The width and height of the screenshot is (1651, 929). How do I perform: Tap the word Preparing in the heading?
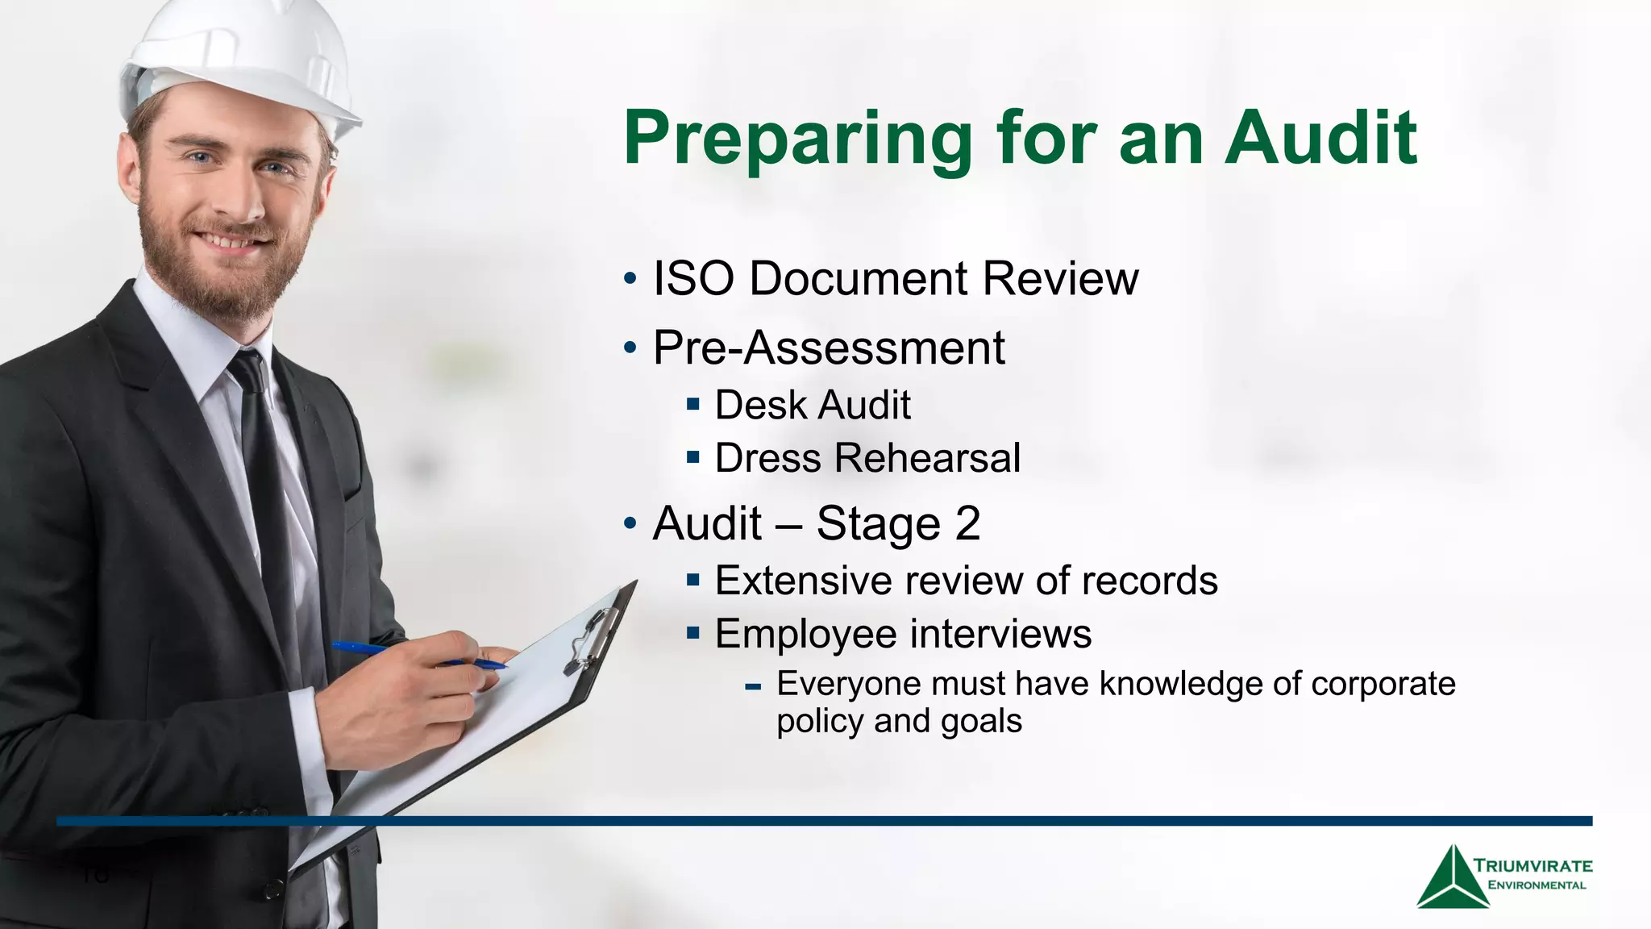798,139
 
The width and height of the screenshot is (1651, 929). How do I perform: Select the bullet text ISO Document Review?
895,279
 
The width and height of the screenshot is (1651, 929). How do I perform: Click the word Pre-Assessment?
829,348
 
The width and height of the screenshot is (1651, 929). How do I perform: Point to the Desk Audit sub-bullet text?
813,405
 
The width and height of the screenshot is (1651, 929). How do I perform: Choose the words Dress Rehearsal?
867,458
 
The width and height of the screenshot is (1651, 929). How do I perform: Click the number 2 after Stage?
967,523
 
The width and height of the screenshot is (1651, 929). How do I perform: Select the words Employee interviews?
903,634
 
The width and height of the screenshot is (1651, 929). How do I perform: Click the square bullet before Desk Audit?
693,403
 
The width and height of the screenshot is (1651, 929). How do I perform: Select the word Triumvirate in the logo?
1532,866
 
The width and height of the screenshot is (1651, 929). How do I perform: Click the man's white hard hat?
242,60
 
